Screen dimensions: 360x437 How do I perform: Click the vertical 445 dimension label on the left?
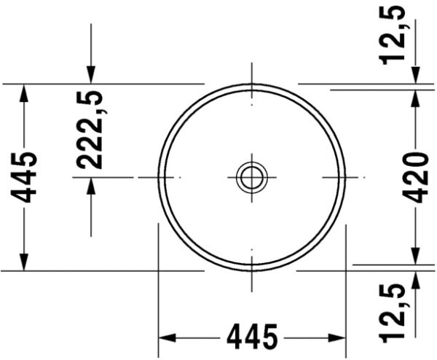[x=27, y=177]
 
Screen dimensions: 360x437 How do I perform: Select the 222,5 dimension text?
[x=90, y=130]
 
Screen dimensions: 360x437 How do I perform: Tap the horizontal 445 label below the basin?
[x=252, y=337]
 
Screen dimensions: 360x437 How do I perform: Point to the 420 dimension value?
[x=416, y=177]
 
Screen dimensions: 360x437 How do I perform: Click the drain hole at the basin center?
[x=252, y=176]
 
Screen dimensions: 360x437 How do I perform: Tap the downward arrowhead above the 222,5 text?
[x=91, y=74]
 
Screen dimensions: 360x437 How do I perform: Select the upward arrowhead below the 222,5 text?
[x=91, y=186]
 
